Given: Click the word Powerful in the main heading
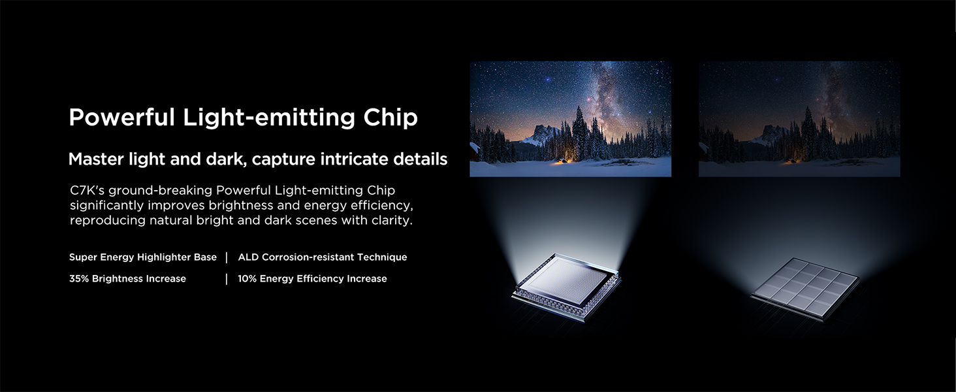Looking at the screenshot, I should tap(121, 118).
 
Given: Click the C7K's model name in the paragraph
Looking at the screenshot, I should tap(87, 191).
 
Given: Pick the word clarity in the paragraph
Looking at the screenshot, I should tap(392, 220).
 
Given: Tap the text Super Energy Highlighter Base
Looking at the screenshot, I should tap(142, 257).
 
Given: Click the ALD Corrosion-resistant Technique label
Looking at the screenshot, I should tap(323, 257).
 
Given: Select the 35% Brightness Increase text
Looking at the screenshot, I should tap(127, 279).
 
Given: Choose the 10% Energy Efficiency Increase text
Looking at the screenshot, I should tap(312, 279).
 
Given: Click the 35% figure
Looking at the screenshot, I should tap(79, 279).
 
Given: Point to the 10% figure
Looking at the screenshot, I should tap(247, 279).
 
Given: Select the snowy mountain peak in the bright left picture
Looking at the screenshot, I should tap(542, 133).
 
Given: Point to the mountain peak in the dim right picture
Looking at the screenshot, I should tap(771, 133).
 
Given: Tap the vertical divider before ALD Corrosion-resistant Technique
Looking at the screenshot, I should tap(227, 257).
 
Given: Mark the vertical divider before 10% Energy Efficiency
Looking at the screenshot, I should tap(227, 279).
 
